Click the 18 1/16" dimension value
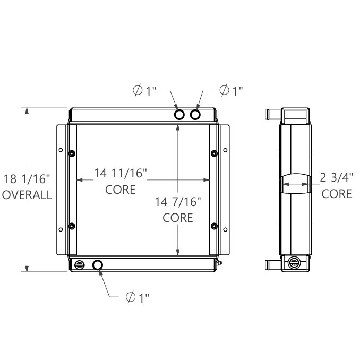pos(27,179)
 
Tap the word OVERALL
pos(27,195)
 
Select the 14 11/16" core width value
pos(121,173)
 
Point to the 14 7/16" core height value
pos(177,202)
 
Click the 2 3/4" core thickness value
pos(337,177)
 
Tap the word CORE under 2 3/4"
pos(337,193)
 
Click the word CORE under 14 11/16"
pos(121,189)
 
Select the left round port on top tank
pos(180,115)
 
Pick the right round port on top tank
pos(196,115)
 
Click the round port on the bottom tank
pos(98,265)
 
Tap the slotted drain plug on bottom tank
pos(80,265)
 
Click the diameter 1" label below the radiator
pos(138,298)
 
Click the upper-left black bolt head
pos(72,153)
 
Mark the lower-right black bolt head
pos(213,226)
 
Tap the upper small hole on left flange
pos(61,149)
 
